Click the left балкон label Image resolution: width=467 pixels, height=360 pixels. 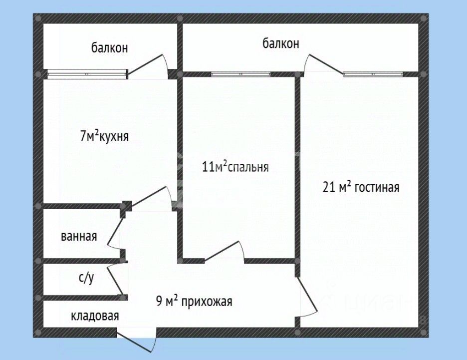(110, 47)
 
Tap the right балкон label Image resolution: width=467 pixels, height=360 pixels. (281, 43)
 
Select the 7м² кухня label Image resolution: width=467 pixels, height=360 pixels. (104, 136)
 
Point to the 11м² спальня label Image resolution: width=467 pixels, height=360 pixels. (235, 167)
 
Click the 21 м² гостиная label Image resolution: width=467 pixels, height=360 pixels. (361, 187)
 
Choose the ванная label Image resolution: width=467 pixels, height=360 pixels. (79, 236)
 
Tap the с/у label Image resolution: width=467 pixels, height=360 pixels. (86, 278)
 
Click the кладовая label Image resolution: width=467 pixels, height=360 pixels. (95, 316)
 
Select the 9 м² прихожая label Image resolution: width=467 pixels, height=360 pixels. (194, 301)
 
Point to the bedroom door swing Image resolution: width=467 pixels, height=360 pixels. (224, 252)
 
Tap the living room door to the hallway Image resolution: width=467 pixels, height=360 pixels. (306, 296)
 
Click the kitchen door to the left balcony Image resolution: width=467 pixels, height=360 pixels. (147, 67)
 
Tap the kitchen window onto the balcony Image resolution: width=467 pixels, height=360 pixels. (88, 74)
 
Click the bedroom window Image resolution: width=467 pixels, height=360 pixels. (241, 74)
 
